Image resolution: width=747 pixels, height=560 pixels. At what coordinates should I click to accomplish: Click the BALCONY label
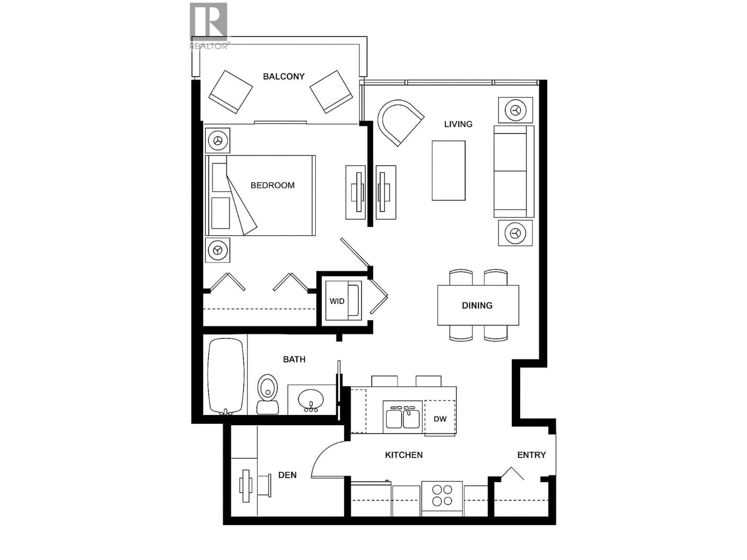tap(284, 77)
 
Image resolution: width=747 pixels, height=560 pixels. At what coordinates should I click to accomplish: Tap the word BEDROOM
tap(273, 185)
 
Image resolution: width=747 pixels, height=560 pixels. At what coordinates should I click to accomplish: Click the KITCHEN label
tap(404, 455)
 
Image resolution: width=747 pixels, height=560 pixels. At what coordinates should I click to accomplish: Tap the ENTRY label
tap(531, 455)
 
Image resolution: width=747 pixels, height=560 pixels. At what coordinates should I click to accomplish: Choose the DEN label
tap(287, 475)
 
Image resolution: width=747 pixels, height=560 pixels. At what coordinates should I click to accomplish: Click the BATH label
tap(294, 360)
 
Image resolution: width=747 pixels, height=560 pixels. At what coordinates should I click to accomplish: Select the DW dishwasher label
tap(440, 419)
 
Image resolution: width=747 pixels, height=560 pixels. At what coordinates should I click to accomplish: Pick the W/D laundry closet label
tap(337, 301)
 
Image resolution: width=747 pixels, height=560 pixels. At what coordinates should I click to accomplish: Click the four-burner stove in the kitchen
tap(442, 495)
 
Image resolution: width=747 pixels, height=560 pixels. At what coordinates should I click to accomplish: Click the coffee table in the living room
tap(448, 171)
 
